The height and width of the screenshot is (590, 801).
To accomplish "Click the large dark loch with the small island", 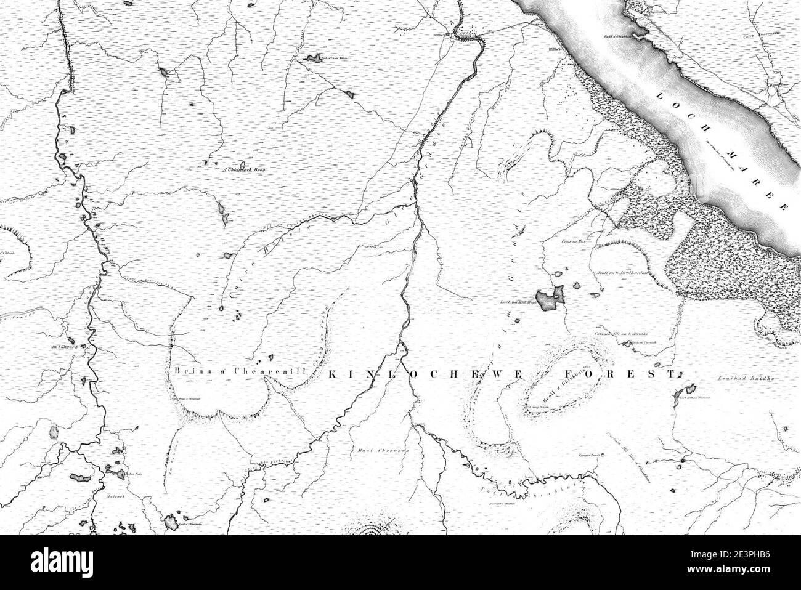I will pos(550,300).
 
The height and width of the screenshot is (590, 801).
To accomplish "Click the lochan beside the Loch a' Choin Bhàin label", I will pos(309,60).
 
